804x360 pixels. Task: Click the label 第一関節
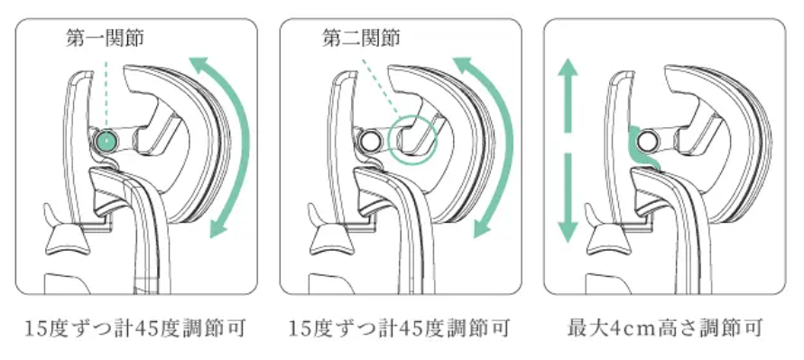click(105, 39)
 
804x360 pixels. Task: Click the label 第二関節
click(361, 39)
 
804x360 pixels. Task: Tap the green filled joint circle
click(106, 140)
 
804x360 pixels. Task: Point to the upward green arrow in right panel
click(567, 95)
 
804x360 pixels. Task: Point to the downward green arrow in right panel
click(567, 198)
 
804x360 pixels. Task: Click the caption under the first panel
click(136, 328)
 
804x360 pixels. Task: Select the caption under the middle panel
click(400, 328)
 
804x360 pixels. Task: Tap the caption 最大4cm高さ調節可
click(665, 328)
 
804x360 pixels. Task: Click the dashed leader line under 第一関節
click(106, 96)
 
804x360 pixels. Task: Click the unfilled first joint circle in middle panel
click(369, 140)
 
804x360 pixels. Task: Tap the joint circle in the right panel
click(648, 139)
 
